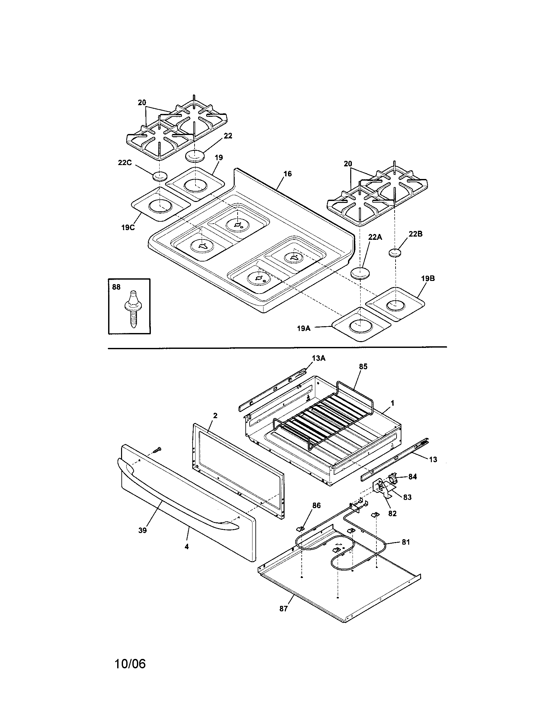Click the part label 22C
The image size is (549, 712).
coord(125,163)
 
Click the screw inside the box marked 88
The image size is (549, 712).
coord(133,309)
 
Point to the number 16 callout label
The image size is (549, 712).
coord(287,174)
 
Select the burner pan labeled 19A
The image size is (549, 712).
coord(361,325)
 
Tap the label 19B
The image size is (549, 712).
coord(428,279)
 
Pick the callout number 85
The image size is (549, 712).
coord(363,366)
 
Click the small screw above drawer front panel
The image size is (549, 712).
coord(156,450)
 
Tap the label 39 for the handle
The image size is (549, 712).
coord(142,530)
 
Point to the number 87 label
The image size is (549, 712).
coord(284,609)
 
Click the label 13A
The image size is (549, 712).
coord(319,358)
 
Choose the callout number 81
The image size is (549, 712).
coord(406,542)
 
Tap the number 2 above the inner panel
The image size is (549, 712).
coord(215,416)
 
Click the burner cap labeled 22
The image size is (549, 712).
coord(195,156)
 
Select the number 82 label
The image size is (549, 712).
coord(392,514)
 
